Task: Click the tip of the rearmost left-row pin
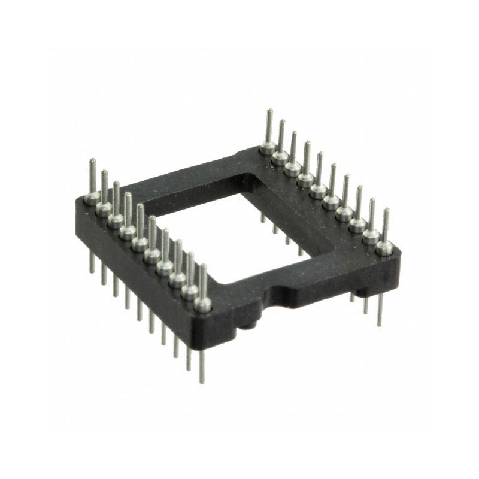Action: point(92,161)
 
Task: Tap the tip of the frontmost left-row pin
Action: point(203,266)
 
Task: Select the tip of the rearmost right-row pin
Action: point(270,111)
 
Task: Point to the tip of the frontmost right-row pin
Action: point(386,211)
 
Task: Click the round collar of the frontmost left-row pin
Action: point(203,305)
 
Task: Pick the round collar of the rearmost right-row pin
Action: point(268,147)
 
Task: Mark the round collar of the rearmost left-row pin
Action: point(92,198)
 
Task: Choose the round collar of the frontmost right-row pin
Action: point(384,247)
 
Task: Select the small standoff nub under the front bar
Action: point(248,325)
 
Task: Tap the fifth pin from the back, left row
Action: point(140,228)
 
